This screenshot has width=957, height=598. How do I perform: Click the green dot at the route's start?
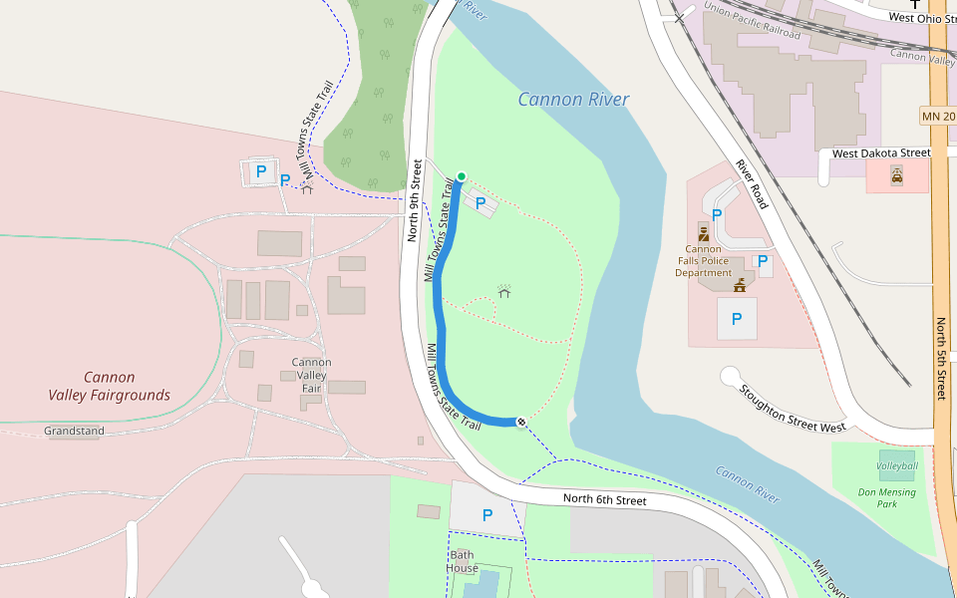[461, 176]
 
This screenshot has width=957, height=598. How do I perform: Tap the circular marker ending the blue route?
[521, 423]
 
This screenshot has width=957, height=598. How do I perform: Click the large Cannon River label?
[573, 100]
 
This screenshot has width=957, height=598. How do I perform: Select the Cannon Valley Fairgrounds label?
[109, 386]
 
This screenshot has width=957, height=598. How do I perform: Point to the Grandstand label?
[74, 432]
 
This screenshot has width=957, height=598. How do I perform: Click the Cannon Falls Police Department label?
[703, 261]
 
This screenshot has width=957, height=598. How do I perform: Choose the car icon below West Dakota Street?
[897, 176]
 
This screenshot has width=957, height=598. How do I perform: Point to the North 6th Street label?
[604, 499]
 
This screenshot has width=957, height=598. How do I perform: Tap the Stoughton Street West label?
[794, 408]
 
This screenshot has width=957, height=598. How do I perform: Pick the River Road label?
[752, 183]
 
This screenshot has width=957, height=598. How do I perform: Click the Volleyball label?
[897, 465]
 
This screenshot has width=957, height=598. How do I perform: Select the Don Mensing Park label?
[877, 498]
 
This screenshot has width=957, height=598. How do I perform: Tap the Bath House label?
[463, 561]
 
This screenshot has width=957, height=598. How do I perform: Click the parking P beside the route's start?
[480, 203]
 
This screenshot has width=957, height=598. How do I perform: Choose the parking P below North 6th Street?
[487, 515]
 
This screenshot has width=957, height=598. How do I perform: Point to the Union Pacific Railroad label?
[752, 20]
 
